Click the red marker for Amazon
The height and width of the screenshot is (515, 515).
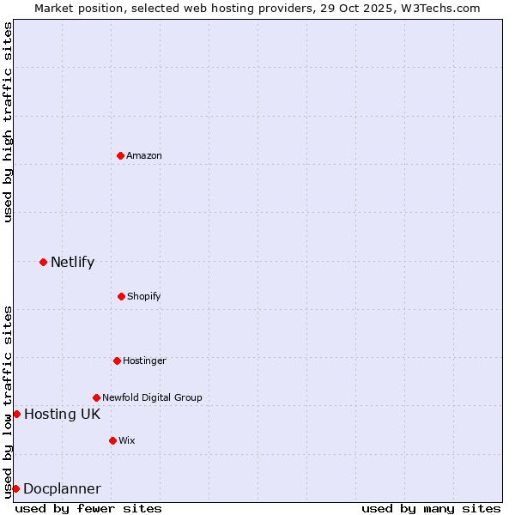(120, 155)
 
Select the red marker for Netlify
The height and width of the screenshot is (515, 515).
(43, 262)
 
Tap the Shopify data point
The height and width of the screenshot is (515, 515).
(121, 296)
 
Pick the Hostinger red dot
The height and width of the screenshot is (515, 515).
(117, 360)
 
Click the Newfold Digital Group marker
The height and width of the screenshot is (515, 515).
(96, 397)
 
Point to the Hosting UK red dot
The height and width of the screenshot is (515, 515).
(16, 414)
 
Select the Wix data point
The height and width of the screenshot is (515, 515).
(112, 440)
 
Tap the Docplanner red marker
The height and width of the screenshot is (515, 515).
(15, 488)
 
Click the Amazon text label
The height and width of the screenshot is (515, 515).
(144, 155)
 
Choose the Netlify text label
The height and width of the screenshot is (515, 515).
(72, 262)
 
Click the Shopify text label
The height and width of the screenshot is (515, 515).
(144, 296)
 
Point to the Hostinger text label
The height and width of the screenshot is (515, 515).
(144, 360)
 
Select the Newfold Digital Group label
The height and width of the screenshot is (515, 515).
(152, 397)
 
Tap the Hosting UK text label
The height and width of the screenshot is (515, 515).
(62, 414)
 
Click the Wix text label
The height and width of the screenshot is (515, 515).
(127, 440)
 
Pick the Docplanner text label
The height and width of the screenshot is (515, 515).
(62, 488)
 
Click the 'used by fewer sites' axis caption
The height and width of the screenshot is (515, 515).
(88, 508)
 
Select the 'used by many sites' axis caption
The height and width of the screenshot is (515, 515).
(431, 508)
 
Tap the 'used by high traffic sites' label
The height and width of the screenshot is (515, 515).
(8, 122)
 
